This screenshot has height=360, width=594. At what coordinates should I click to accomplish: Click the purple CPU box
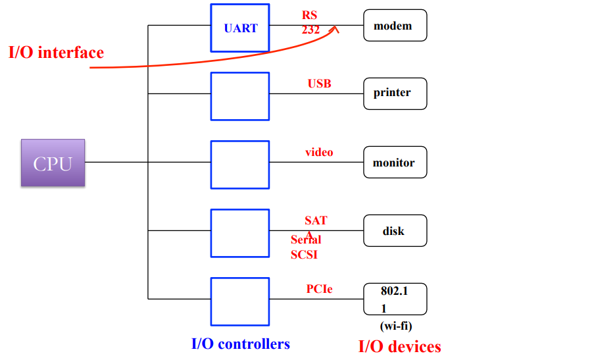(x=53, y=163)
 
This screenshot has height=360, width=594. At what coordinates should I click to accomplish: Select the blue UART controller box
(x=240, y=28)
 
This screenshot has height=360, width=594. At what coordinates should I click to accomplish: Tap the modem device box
(x=395, y=26)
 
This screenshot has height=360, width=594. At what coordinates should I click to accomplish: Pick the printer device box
(x=395, y=93)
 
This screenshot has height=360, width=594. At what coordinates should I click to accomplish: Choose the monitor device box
(x=395, y=162)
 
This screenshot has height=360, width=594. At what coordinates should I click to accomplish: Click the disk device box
(x=395, y=230)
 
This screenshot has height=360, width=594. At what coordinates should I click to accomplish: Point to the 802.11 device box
(x=395, y=299)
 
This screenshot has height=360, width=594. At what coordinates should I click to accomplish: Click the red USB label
(x=319, y=84)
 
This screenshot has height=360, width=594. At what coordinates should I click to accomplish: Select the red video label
(x=319, y=152)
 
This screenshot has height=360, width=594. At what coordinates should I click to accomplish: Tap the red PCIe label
(x=319, y=288)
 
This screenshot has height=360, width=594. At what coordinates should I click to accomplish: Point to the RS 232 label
(x=310, y=22)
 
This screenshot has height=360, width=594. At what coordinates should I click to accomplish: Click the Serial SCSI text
(x=305, y=247)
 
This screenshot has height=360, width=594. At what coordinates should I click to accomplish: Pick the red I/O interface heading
(x=56, y=53)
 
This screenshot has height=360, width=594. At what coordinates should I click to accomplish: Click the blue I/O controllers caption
(x=240, y=344)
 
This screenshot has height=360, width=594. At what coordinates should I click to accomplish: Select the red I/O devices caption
(x=399, y=346)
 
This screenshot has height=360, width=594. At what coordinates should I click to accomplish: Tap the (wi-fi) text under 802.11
(x=396, y=326)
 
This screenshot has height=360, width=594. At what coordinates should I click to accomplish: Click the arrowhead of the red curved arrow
(x=336, y=28)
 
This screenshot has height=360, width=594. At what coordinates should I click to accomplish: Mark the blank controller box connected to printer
(x=240, y=96)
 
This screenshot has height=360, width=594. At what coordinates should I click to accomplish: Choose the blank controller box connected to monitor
(x=240, y=165)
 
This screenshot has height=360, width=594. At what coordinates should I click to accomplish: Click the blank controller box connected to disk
(x=240, y=233)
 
